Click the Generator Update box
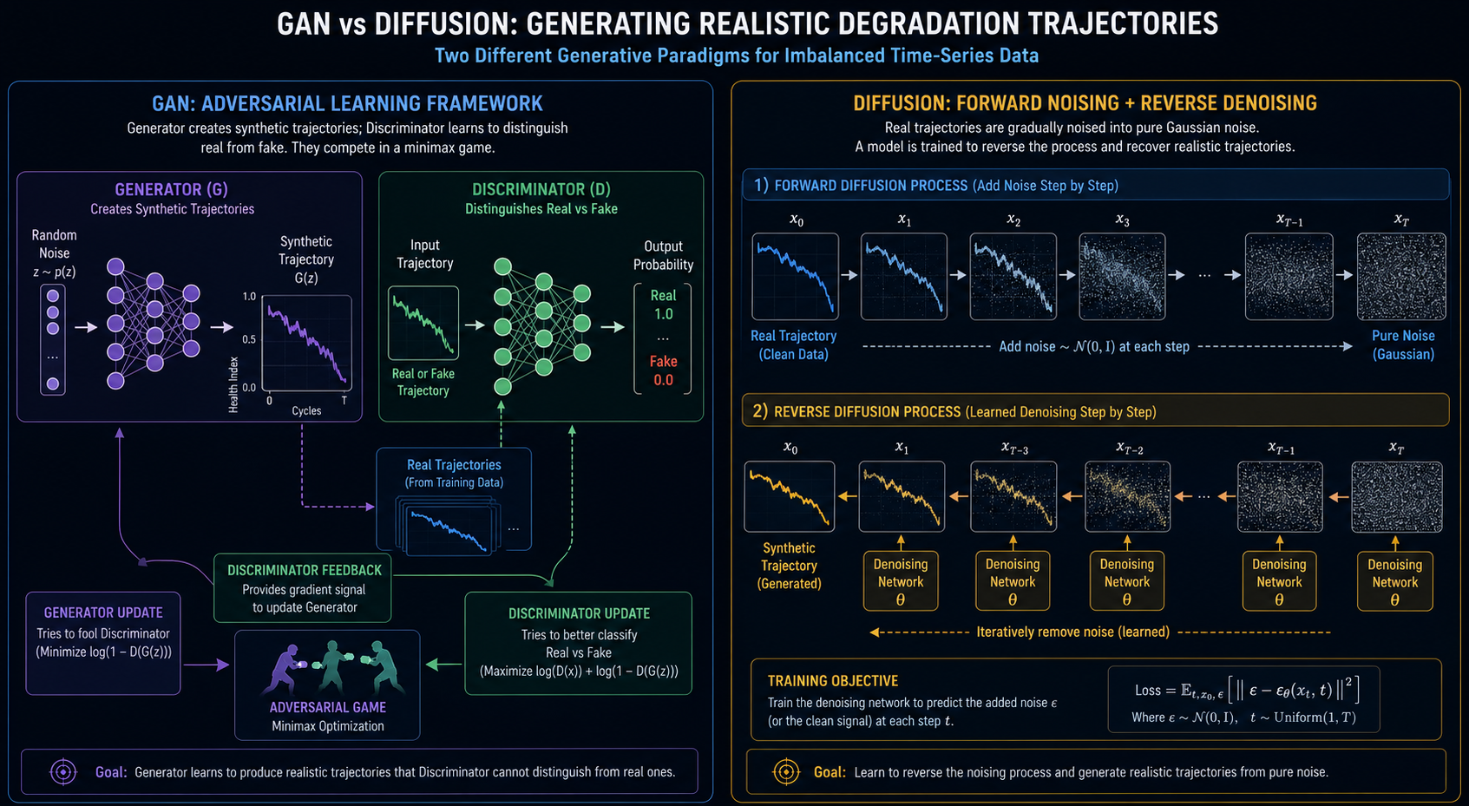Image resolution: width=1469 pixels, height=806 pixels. [x=103, y=643]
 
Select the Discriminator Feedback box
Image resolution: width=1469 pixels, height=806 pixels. [x=302, y=587]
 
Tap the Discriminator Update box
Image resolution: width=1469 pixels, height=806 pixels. [x=579, y=643]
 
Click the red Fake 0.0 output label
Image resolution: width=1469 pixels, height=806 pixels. [x=663, y=370]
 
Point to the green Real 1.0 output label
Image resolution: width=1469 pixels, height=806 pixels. [x=663, y=305]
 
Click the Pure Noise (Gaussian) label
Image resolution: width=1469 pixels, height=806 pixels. [x=1403, y=345]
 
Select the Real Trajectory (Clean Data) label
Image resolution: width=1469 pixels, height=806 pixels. [x=794, y=345]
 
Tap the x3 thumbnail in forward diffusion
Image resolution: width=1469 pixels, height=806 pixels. [x=1122, y=276]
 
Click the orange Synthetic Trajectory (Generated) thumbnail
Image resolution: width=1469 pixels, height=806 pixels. [x=790, y=496]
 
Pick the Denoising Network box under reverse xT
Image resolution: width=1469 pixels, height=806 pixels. [x=1395, y=581]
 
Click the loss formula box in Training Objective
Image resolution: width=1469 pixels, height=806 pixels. [x=1243, y=699]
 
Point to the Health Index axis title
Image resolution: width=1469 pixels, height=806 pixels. [x=233, y=385]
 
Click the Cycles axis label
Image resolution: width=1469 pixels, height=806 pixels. [x=306, y=410]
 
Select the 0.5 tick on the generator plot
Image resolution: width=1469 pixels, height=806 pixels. [x=249, y=340]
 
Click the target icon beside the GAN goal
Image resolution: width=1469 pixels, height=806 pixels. [x=63, y=772]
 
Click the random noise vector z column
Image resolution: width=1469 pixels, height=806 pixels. [x=53, y=340]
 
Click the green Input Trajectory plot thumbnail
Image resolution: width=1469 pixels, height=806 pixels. [x=423, y=323]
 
